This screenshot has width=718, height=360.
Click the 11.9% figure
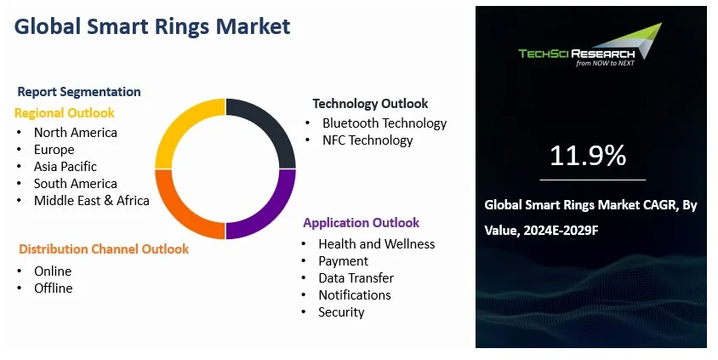point(588,156)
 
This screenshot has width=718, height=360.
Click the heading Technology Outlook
point(370,104)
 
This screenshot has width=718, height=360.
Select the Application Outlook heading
point(361,223)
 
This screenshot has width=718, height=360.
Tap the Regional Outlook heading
point(64,112)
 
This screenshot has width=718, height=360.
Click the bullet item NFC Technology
point(368,140)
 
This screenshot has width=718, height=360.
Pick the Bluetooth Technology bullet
point(385,123)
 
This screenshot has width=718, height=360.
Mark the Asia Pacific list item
point(66,167)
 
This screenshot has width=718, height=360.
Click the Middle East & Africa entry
point(92,201)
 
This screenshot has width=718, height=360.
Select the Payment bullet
point(344,261)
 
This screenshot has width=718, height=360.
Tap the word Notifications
point(355,295)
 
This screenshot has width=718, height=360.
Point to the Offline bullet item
point(54,289)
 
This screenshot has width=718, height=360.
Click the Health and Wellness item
point(377,244)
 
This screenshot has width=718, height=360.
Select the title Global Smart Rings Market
point(152,26)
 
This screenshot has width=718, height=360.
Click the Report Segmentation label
point(79,92)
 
